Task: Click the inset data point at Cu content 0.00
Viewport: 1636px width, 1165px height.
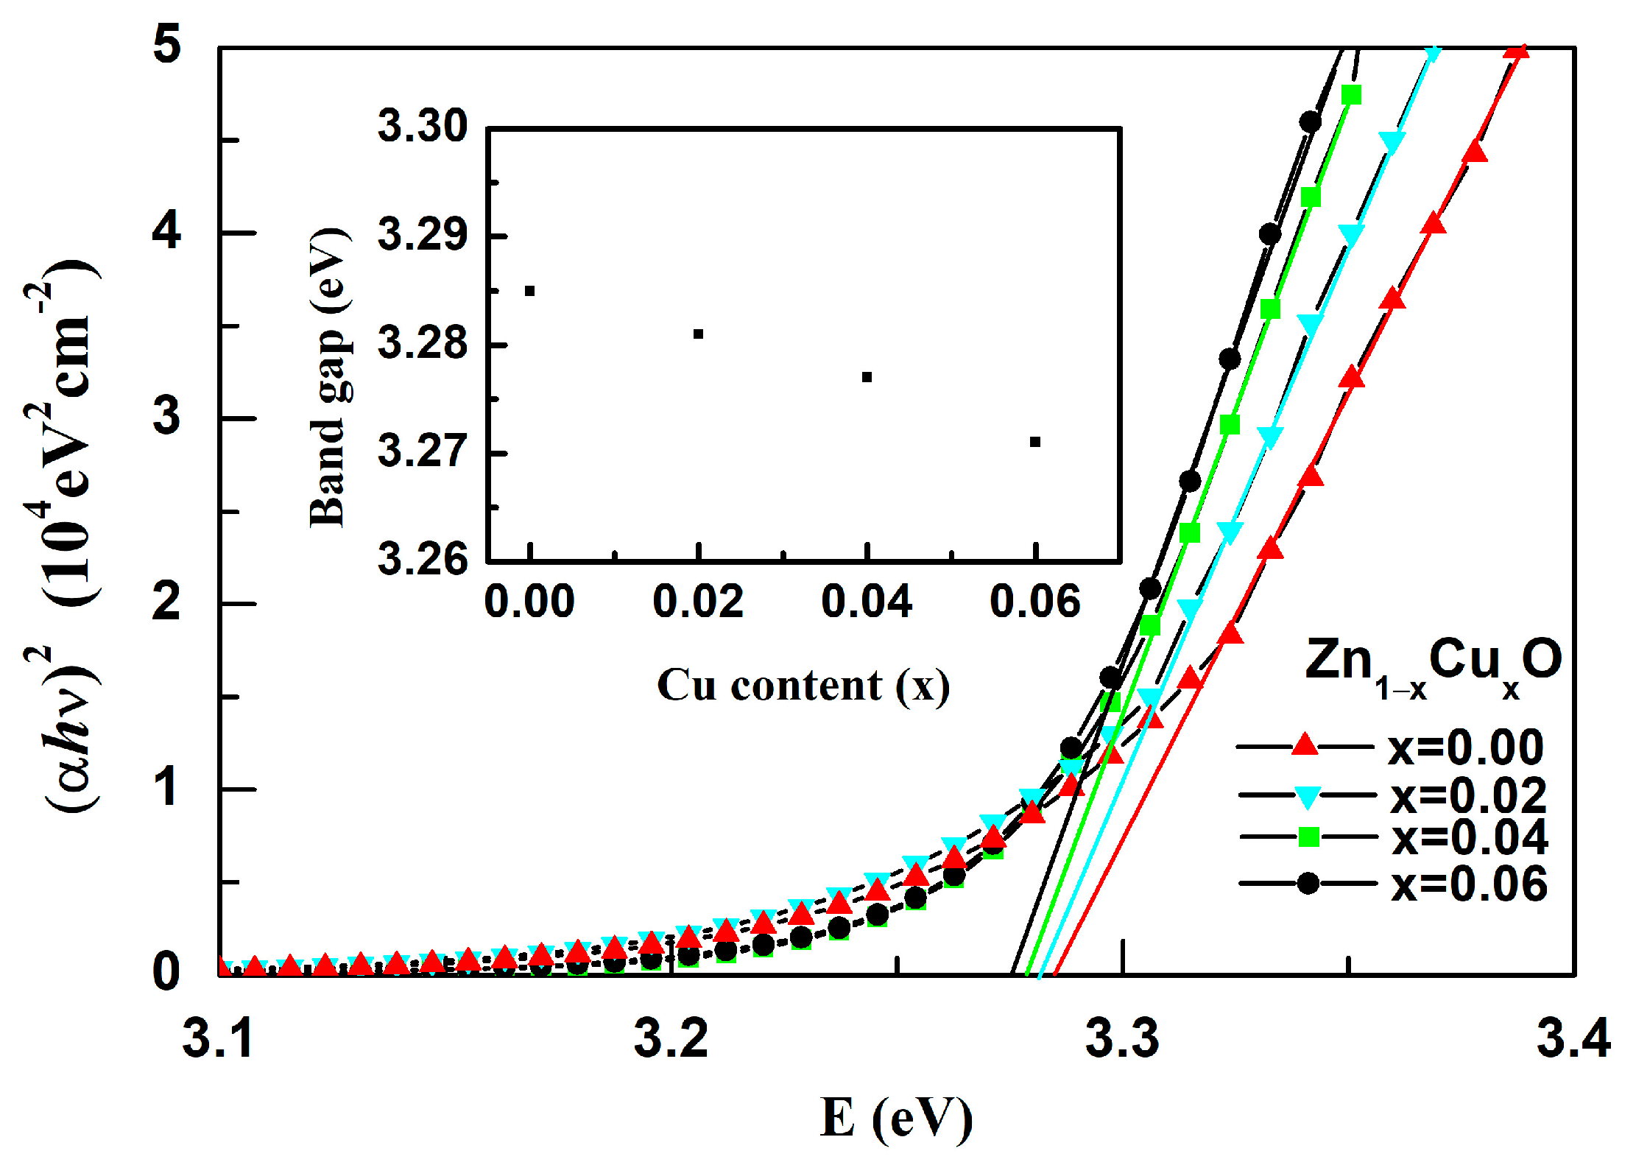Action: (x=529, y=291)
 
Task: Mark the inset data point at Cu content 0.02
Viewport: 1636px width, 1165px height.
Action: (x=698, y=334)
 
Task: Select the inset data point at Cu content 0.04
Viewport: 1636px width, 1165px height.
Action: (x=867, y=377)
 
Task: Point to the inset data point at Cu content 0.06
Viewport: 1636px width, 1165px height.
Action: (x=1035, y=442)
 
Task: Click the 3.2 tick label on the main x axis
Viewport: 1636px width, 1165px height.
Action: (x=671, y=1038)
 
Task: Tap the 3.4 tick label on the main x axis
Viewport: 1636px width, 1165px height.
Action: (x=1573, y=1038)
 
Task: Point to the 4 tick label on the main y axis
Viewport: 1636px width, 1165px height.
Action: (x=166, y=231)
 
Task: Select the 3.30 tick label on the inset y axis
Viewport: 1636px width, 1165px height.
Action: (x=422, y=126)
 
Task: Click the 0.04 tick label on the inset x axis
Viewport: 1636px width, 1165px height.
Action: (x=867, y=602)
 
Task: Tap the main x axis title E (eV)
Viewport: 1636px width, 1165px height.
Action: (x=896, y=1119)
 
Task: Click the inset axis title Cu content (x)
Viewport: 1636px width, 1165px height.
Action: (x=803, y=686)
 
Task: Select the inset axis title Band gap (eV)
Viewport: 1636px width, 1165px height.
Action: (x=328, y=377)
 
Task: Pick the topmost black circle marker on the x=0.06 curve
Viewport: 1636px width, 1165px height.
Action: (x=1310, y=122)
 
